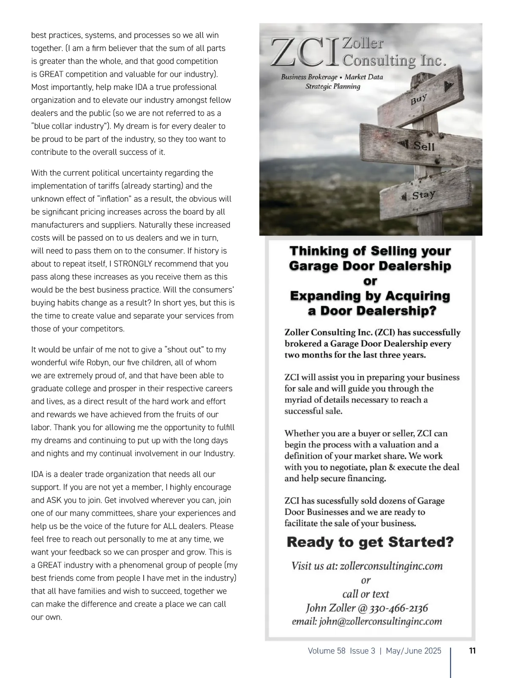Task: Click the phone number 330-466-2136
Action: click(x=398, y=608)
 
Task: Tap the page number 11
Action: click(x=472, y=651)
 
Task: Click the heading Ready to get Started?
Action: click(x=370, y=542)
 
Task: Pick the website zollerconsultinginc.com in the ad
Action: click(x=391, y=566)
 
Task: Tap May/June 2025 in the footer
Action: click(x=413, y=651)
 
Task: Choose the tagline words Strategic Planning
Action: click(x=333, y=87)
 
